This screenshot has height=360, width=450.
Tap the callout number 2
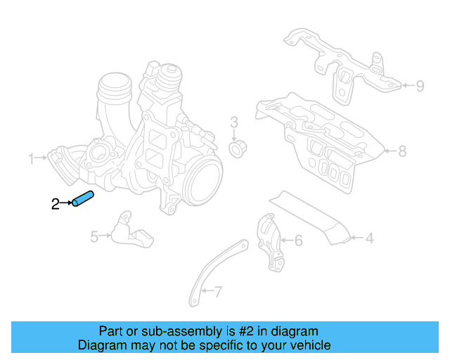(x=56, y=205)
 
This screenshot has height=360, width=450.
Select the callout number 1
(x=31, y=159)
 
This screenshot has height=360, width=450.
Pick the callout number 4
(x=368, y=239)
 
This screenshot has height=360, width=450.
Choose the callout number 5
(x=94, y=237)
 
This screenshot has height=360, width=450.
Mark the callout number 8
(x=401, y=150)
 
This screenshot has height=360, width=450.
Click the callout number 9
(x=419, y=86)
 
